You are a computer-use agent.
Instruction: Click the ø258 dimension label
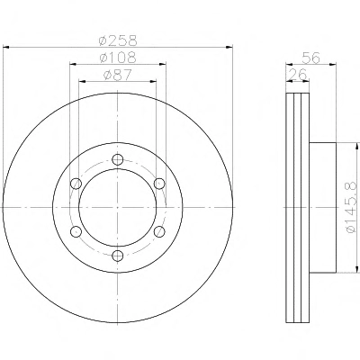[118, 40]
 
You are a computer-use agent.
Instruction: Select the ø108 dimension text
[118, 58]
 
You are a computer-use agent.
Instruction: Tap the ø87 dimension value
[118, 75]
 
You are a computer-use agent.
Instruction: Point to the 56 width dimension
[311, 58]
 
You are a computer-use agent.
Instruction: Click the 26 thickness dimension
[298, 75]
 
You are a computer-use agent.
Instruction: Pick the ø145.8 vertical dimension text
[351, 207]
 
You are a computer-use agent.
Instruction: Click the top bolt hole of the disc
[118, 159]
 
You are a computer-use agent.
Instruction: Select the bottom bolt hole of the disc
[118, 256]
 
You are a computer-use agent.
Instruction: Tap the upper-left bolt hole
[76, 184]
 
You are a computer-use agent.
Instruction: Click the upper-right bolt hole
[159, 184]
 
